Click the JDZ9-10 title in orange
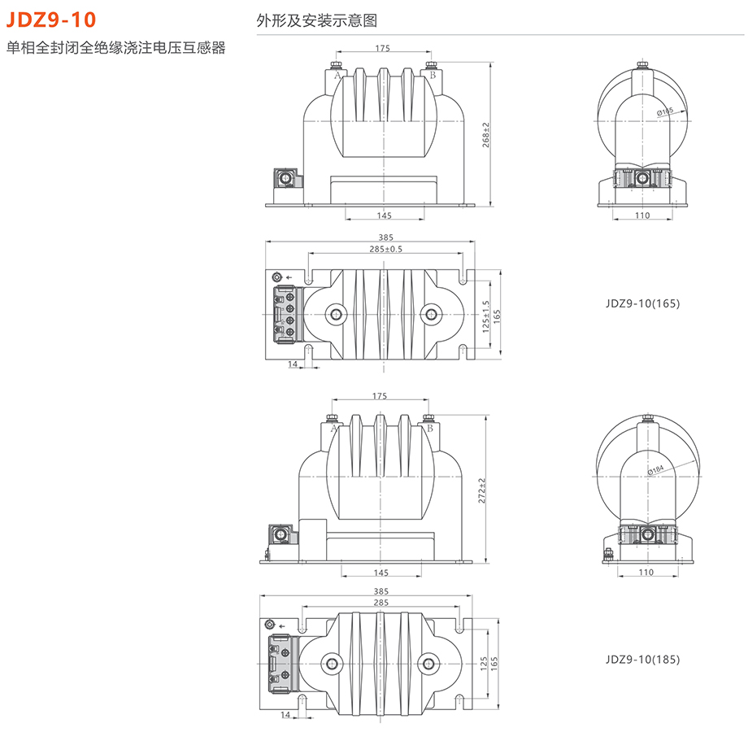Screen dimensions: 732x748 pos(50,19)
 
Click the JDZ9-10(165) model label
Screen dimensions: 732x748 pos(642,303)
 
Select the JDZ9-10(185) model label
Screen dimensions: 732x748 pos(642,659)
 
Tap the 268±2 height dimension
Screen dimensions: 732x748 pos(485,135)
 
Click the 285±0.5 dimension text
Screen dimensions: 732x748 pos(385,249)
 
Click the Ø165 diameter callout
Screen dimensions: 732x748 pos(666,111)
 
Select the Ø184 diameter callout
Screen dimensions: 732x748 pos(656,470)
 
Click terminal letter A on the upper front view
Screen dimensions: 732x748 pos(336,75)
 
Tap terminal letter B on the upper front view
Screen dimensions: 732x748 pos(433,75)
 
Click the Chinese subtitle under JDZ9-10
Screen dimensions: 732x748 pos(115,48)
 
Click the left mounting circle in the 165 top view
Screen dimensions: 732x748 pos(334,314)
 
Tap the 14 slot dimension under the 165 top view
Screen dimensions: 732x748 pos(292,364)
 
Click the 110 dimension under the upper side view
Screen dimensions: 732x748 pos(642,216)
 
